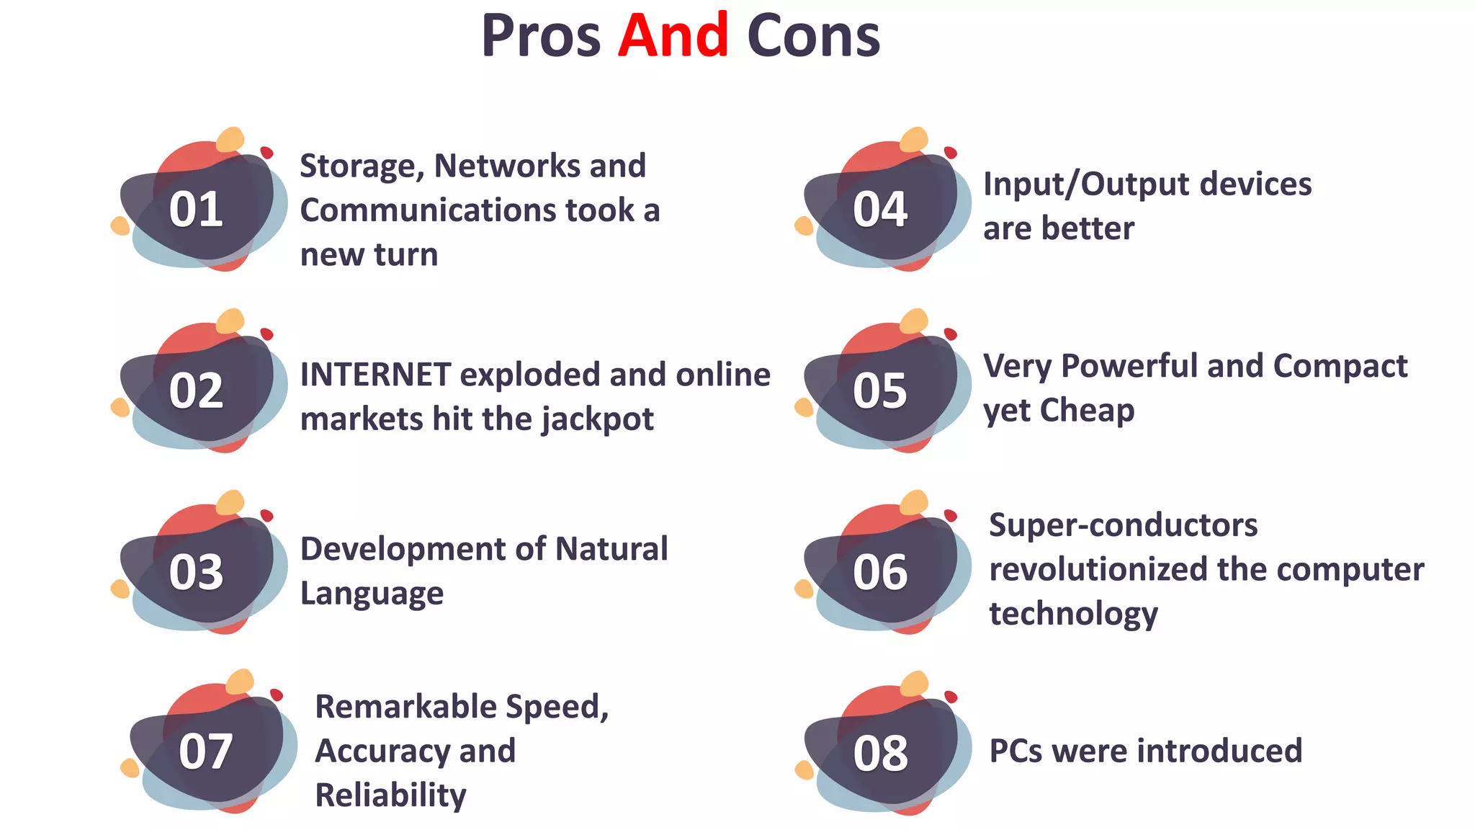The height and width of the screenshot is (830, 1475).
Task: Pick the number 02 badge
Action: tap(196, 391)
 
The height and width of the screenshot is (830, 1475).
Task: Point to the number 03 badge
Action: tap(196, 572)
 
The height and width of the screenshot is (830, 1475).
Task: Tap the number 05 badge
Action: tap(879, 391)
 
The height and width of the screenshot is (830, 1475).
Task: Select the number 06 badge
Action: tap(879, 572)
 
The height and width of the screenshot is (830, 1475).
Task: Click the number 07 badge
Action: tap(205, 751)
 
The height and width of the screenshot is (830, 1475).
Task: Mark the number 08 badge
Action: tap(880, 753)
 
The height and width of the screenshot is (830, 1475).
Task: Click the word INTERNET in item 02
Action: tap(375, 375)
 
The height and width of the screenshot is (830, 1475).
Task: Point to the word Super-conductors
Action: tap(1123, 525)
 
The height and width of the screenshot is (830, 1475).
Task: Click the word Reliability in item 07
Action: tap(390, 795)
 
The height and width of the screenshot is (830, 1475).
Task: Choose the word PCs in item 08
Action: tap(1016, 751)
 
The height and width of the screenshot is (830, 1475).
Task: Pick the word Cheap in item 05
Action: tap(1087, 411)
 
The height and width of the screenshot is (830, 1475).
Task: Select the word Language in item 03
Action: tap(372, 594)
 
